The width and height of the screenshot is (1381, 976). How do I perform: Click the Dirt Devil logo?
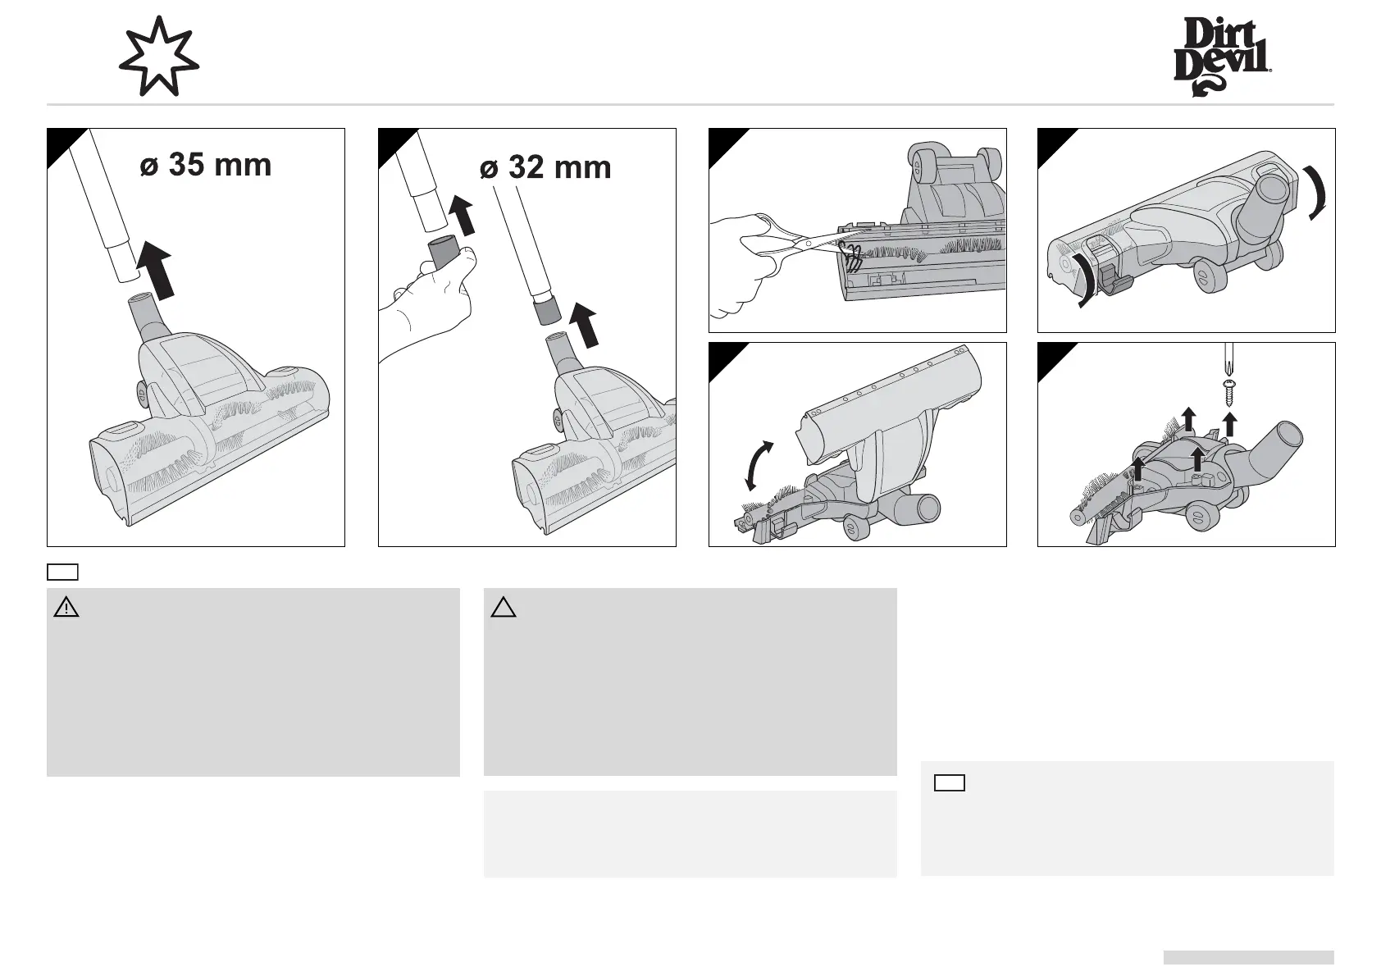[1222, 58]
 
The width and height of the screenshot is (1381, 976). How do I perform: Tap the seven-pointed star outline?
[158, 57]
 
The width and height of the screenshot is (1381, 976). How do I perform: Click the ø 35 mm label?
[205, 165]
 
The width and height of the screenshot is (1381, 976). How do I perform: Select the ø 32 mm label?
[545, 168]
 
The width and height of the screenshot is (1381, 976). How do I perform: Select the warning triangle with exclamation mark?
[66, 608]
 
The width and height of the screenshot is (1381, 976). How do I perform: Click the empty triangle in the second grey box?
[504, 608]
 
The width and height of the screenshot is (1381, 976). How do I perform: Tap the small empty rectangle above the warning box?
[62, 572]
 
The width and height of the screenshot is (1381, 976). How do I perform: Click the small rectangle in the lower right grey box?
[949, 782]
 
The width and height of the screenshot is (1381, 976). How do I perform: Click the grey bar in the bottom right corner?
[1247, 957]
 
